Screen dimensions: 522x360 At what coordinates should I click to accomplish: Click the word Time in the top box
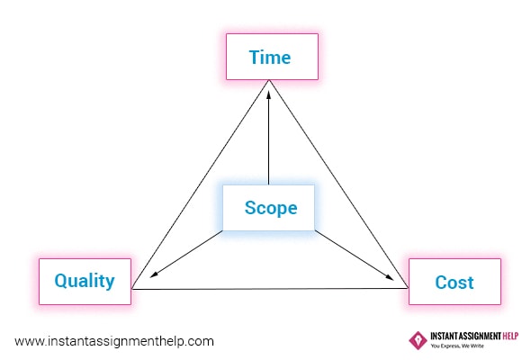[x=270, y=58]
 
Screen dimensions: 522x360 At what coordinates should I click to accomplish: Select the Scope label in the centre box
[x=271, y=209]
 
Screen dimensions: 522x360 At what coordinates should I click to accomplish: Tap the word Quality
[x=85, y=282]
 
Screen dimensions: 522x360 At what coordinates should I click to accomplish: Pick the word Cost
[x=454, y=283]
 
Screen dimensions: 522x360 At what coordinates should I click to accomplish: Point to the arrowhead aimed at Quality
[x=154, y=274]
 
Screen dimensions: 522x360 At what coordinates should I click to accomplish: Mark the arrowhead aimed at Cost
[x=389, y=276]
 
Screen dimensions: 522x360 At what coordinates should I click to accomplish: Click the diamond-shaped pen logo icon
[x=418, y=340]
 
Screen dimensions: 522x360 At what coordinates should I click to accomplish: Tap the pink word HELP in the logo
[x=510, y=336]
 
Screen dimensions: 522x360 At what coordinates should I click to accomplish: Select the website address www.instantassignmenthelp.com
[x=114, y=342]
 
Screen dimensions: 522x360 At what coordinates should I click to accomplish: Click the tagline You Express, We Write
[x=457, y=346]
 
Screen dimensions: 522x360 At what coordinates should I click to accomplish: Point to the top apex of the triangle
[x=269, y=80]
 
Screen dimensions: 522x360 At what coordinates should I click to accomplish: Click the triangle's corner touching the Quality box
[x=131, y=289]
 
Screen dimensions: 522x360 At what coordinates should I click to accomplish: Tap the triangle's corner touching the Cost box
[x=408, y=288]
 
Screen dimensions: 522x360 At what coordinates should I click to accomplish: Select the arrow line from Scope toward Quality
[x=186, y=254]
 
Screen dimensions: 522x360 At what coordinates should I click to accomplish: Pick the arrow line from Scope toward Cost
[x=355, y=255]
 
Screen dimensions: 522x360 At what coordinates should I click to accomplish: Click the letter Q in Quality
[x=61, y=281]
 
